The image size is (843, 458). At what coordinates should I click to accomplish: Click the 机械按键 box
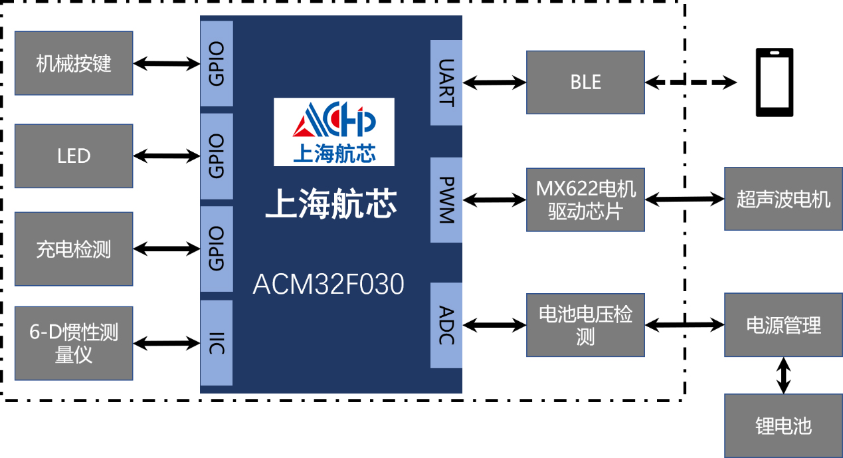(74, 63)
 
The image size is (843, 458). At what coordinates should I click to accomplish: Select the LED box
(74, 156)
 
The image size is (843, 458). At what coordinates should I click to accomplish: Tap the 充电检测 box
(74, 249)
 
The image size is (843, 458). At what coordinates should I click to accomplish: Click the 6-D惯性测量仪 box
(74, 343)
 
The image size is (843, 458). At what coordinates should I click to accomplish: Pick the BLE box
(585, 82)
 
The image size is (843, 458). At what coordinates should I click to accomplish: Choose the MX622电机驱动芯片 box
(585, 199)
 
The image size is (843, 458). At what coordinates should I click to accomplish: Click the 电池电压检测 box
(585, 325)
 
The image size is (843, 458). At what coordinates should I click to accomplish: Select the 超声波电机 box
(783, 199)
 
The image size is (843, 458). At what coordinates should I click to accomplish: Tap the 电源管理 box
(783, 325)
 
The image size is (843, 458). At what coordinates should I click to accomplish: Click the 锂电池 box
(783, 425)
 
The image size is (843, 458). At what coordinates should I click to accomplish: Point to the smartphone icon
(774, 82)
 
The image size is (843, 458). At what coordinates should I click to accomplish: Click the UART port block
(446, 82)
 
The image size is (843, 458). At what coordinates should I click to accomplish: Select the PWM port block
(446, 199)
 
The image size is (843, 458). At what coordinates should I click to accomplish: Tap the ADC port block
(446, 325)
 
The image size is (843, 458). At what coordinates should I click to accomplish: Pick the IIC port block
(217, 343)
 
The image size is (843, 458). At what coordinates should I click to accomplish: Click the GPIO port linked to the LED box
(217, 156)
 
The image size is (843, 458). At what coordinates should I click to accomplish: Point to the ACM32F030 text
(328, 285)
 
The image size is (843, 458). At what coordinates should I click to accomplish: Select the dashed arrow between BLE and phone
(691, 82)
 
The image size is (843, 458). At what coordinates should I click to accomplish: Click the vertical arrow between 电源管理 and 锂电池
(784, 375)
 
